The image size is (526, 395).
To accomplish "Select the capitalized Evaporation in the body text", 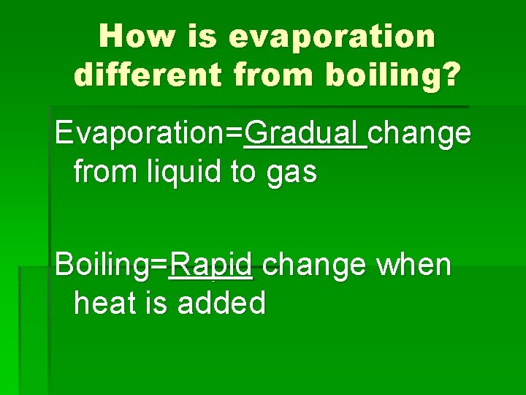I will pyautogui.click(x=143, y=135).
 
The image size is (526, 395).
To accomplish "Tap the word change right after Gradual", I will pyautogui.click(x=419, y=134).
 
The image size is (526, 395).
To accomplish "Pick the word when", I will pyautogui.click(x=413, y=265).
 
